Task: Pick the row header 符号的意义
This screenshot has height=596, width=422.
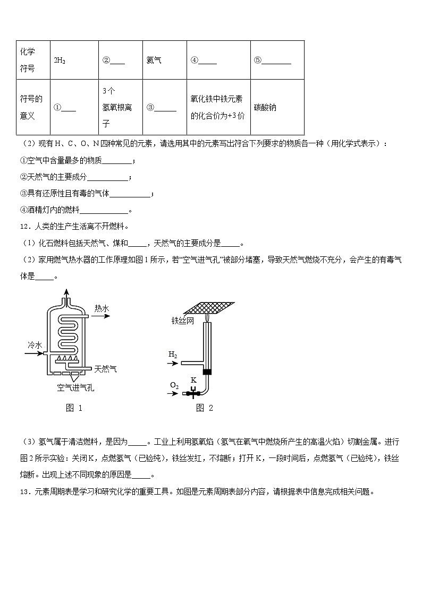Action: click(x=31, y=107)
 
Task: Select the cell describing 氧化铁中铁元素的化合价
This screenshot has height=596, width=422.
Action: click(x=218, y=107)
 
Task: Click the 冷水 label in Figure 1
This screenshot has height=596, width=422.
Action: click(x=35, y=345)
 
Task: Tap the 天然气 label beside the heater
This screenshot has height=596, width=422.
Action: click(x=106, y=368)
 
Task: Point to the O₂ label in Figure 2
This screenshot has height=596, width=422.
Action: click(x=174, y=385)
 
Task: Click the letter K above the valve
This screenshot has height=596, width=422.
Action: click(x=193, y=380)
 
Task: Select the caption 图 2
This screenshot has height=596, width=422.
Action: click(x=204, y=408)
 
